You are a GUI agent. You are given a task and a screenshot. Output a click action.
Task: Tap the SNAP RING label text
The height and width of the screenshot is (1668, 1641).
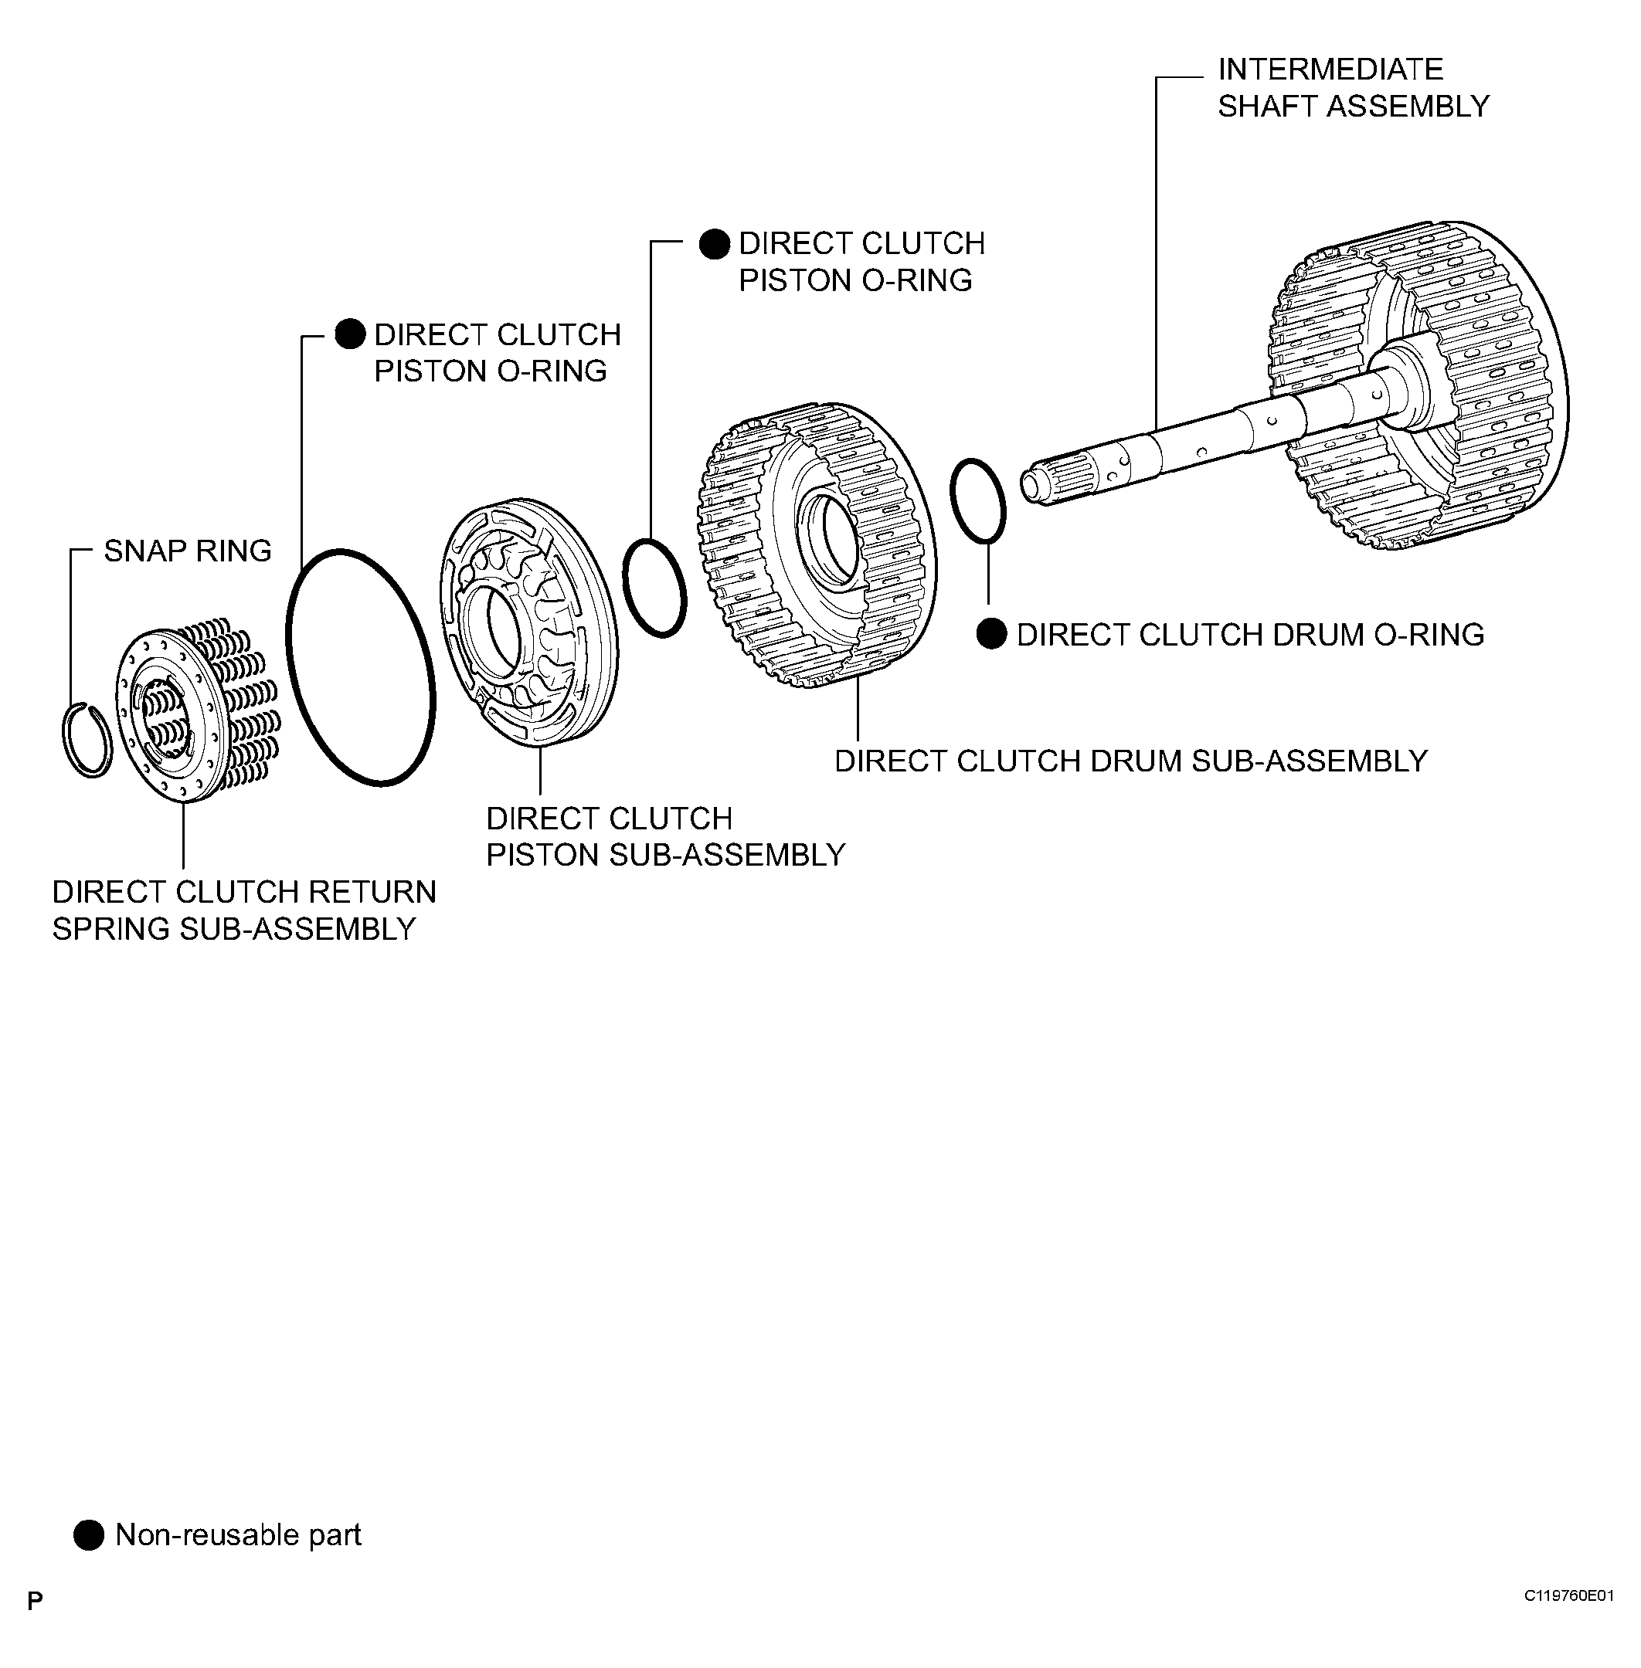point(187,551)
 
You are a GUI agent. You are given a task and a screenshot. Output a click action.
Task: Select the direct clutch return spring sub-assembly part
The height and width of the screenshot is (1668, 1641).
point(194,710)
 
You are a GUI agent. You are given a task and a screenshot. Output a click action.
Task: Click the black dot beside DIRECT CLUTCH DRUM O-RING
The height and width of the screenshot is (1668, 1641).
point(991,634)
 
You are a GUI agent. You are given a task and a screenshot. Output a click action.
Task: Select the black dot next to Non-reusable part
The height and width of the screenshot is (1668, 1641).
point(88,1534)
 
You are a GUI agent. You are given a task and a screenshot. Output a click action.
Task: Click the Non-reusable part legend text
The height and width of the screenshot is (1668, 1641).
point(238,1534)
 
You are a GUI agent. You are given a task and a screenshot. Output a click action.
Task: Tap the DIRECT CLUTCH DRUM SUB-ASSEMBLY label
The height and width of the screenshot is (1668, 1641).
point(1131,761)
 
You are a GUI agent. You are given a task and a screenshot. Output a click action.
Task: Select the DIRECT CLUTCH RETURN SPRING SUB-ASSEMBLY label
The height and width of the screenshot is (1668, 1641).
point(243,910)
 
